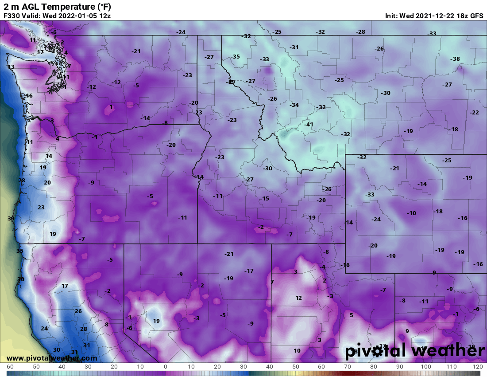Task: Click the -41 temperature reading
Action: coord(309,125)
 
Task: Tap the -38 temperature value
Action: coord(455,59)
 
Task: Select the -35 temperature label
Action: coord(235,57)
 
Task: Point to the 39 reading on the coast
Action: coord(11,219)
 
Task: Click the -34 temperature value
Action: coord(294,105)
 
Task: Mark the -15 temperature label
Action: coord(264,199)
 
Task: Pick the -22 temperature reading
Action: coord(474,113)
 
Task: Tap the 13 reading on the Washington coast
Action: coord(11,67)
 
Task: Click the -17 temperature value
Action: coord(249,271)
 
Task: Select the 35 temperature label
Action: coord(19,251)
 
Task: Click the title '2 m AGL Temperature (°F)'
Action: coord(58,6)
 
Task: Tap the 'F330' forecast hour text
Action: coord(12,16)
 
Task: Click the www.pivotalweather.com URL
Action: coord(52,358)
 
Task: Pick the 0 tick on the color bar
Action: coord(165,367)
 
